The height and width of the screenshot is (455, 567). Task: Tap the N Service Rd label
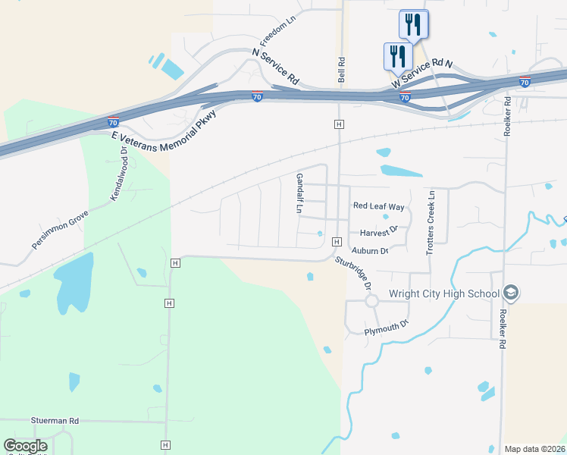[x=276, y=67]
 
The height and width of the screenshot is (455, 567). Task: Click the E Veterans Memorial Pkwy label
[x=164, y=127]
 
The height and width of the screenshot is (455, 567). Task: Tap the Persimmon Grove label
[x=61, y=230]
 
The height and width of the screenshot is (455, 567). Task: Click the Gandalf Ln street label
[x=299, y=193]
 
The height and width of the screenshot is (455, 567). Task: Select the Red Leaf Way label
[x=379, y=206]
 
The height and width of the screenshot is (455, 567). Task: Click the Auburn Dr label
[x=370, y=250]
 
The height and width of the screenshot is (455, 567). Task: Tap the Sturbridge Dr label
[x=354, y=274]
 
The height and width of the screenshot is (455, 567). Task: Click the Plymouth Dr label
[x=387, y=328]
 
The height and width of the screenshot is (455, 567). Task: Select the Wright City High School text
[x=443, y=294]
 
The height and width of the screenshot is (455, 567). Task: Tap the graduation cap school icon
[x=511, y=293]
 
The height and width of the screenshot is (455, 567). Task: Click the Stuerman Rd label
[x=55, y=420]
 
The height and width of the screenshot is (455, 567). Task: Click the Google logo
[x=25, y=446]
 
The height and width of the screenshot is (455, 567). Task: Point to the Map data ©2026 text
[x=534, y=449]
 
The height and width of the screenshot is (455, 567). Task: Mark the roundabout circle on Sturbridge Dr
[x=371, y=300]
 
